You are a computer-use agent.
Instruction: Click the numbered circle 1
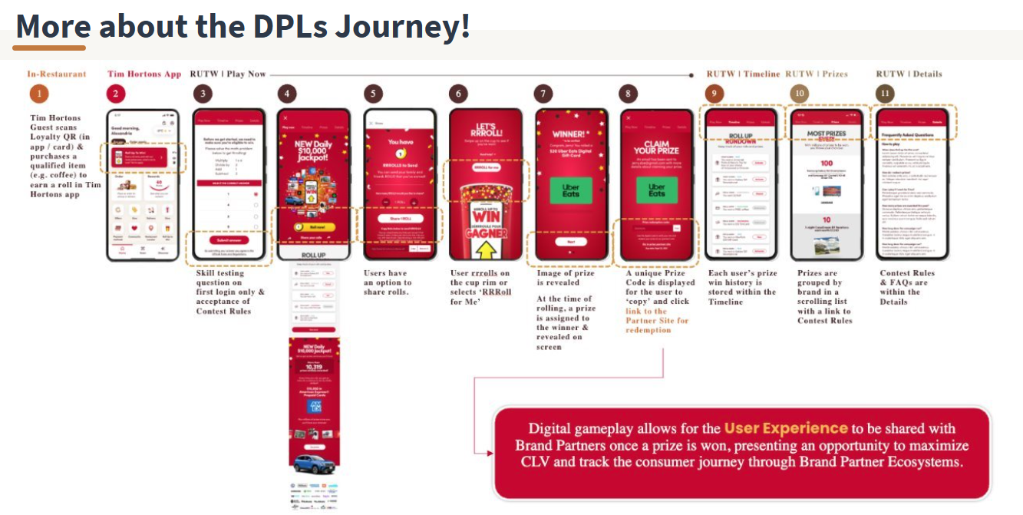pyautogui.click(x=38, y=94)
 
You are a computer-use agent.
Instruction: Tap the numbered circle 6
pyautogui.click(x=458, y=94)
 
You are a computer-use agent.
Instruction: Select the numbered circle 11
pyautogui.click(x=885, y=94)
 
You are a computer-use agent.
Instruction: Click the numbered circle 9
pyautogui.click(x=714, y=94)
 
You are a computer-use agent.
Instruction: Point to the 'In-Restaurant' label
pyautogui.click(x=57, y=74)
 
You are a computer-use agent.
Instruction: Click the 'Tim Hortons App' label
pyautogui.click(x=144, y=74)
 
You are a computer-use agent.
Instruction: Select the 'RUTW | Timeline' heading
pyautogui.click(x=743, y=74)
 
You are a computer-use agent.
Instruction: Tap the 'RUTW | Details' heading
pyautogui.click(x=909, y=74)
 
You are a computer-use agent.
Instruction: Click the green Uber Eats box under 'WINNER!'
pyautogui.click(x=571, y=190)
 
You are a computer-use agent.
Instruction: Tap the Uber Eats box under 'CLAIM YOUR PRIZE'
pyautogui.click(x=657, y=190)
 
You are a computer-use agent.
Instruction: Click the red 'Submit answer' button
pyautogui.click(x=229, y=239)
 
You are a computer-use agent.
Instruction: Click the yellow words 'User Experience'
pyautogui.click(x=786, y=428)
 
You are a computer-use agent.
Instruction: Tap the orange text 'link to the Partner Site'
pyautogui.click(x=657, y=315)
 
